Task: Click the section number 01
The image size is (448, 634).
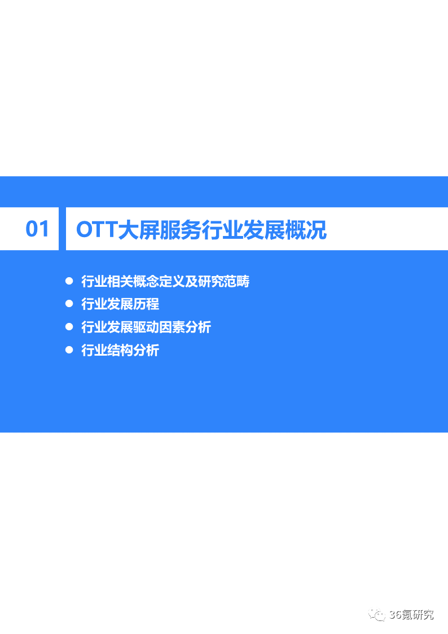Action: point(37,229)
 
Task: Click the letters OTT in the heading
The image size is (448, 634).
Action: point(96,230)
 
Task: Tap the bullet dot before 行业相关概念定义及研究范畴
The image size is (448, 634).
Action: point(69,281)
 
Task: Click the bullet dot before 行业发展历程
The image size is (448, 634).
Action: point(69,303)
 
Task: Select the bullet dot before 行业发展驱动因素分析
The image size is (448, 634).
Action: point(69,326)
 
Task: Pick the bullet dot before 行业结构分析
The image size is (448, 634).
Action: point(69,349)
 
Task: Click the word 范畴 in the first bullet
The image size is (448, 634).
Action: point(237,281)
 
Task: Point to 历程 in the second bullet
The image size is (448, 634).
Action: point(146,304)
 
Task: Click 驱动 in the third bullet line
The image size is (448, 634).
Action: point(146,327)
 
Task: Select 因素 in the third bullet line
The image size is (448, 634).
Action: point(172,327)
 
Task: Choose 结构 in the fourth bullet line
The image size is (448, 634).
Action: point(120,350)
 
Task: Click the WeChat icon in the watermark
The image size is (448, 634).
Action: point(377,615)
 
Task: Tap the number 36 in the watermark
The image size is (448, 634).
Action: point(394,615)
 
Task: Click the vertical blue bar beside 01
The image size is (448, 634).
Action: point(62,229)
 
